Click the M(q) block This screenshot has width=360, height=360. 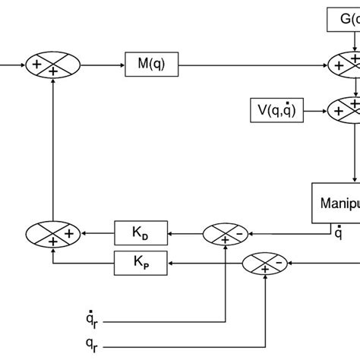click(150, 66)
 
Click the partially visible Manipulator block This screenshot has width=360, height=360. click(336, 203)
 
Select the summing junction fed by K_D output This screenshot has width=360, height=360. click(52, 235)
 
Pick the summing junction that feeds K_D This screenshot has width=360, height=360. click(226, 235)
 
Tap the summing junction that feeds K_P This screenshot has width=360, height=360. click(266, 263)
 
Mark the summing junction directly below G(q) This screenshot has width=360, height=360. click(346, 65)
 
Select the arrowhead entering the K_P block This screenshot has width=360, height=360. click(171, 262)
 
